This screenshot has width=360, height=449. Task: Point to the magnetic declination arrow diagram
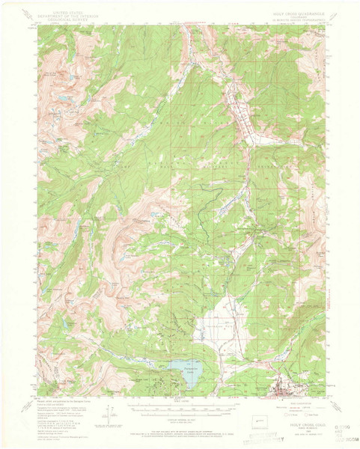pos(112,414)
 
